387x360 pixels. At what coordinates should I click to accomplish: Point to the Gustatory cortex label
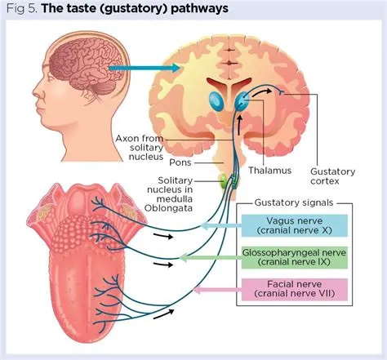click(x=334, y=176)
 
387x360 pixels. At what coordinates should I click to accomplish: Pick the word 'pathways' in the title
click(x=202, y=9)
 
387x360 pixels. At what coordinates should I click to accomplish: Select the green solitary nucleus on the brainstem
click(x=223, y=180)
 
